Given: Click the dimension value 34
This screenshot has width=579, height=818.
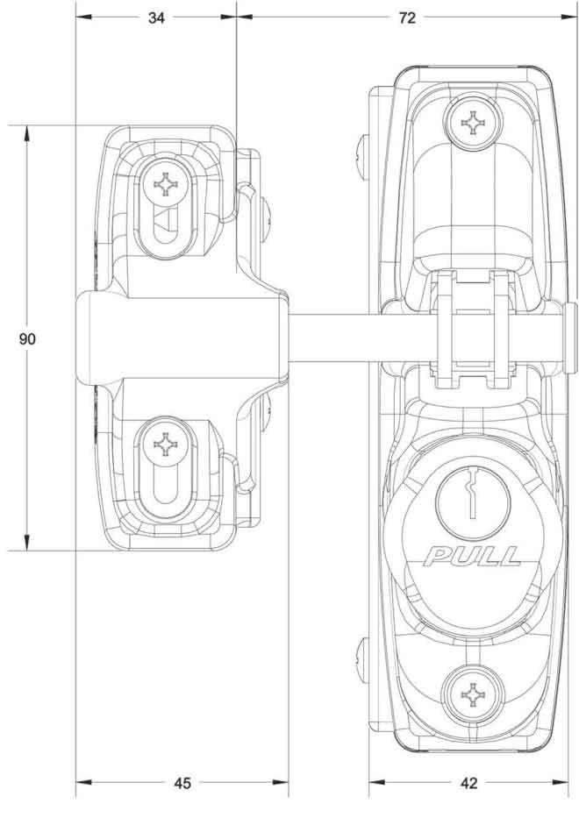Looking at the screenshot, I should pos(156,19).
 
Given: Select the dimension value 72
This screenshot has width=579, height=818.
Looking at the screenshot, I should pos(406,19).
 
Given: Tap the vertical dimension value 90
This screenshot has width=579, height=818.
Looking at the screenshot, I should pos(27,338).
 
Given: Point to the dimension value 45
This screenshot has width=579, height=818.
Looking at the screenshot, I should pos(182,783).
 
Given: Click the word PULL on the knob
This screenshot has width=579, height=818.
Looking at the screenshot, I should pos(472,555).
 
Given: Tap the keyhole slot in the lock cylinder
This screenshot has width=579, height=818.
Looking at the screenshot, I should pos(471,501).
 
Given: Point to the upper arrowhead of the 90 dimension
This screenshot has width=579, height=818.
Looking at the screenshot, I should pos(27,132).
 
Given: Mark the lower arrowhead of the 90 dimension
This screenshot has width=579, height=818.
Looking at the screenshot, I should pos(27,544).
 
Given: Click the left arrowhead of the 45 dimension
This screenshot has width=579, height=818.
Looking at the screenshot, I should pos(82,783).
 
